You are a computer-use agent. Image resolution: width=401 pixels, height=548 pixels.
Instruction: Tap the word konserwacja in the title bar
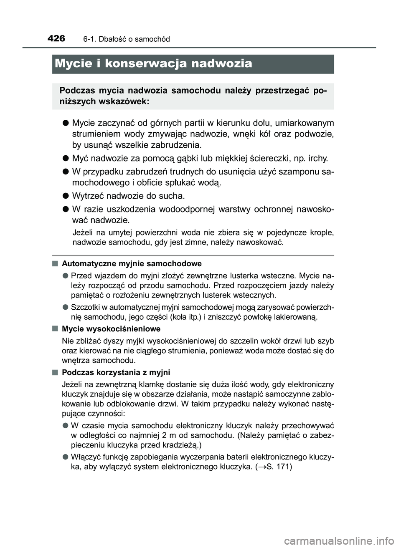(x=146, y=63)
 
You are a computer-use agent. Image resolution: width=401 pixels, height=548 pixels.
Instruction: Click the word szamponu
(x=297, y=172)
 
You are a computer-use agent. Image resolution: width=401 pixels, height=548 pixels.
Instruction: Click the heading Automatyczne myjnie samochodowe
(x=132, y=263)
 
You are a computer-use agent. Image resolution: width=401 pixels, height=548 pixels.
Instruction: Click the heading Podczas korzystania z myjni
(x=116, y=372)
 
